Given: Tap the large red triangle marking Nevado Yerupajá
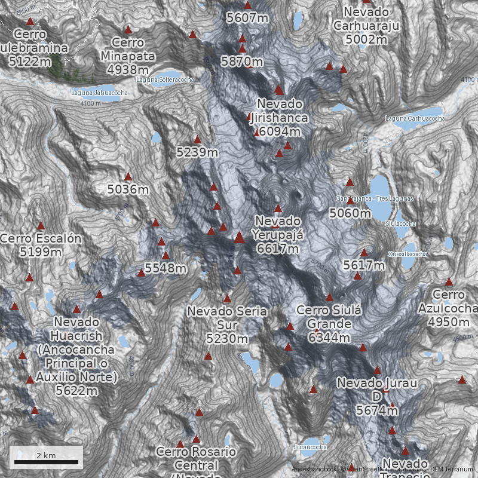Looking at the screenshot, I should click(x=239, y=238).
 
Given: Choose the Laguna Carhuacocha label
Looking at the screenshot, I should click(x=415, y=118).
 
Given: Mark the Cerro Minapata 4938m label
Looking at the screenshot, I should click(x=128, y=56).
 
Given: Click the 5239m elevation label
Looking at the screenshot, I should click(x=197, y=152).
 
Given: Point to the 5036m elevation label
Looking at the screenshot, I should click(x=128, y=189).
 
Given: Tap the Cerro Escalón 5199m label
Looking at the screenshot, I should click(x=41, y=245).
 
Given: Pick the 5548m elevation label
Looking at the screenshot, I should click(x=165, y=268).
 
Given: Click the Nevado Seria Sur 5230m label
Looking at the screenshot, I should click(x=227, y=325).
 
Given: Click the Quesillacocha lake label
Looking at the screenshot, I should click(x=407, y=254).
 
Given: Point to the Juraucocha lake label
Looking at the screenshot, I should click(x=311, y=447).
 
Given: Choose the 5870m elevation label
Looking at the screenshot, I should click(x=242, y=61).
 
